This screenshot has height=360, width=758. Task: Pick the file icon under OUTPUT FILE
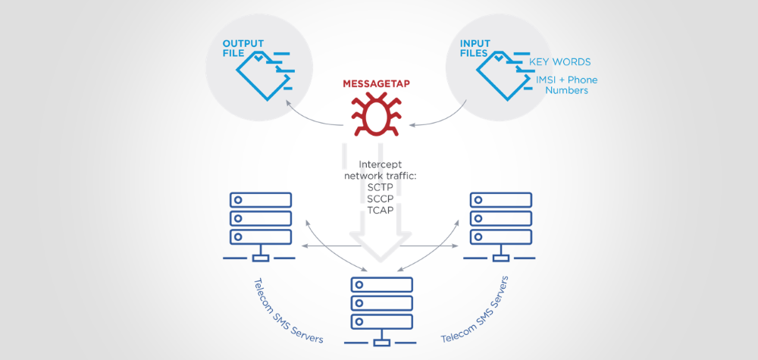point(262,75)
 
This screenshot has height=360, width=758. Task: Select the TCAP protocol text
point(377,211)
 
